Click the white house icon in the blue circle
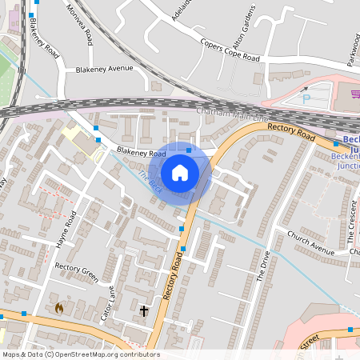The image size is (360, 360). coord(180,172)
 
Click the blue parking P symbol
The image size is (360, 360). coord(306,99)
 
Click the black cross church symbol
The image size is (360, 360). coord(145,310)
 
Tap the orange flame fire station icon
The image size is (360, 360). coord(59,306)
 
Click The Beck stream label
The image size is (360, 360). coord(150,182)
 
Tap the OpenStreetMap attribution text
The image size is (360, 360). coord(80,354)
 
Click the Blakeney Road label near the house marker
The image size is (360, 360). coord(140,152)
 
